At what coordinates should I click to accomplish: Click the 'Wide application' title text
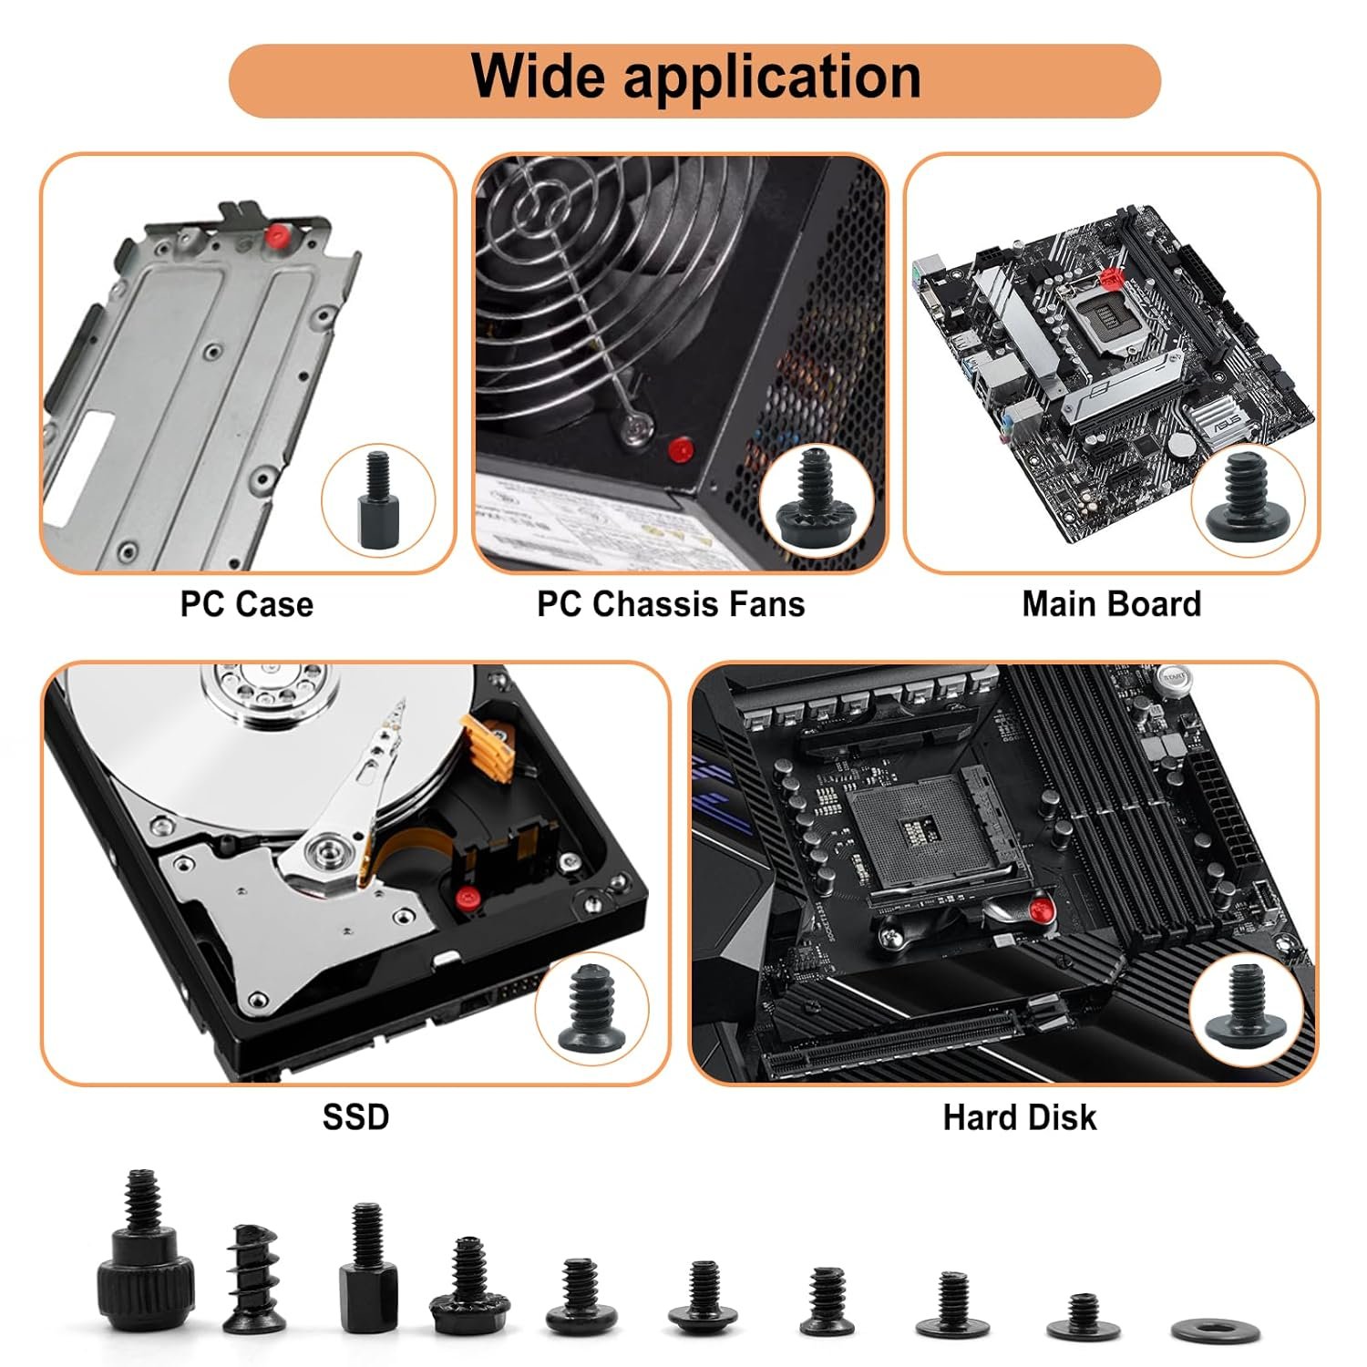(x=694, y=77)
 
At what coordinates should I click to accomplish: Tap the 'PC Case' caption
(x=246, y=604)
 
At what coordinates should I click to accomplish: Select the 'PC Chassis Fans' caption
(x=671, y=604)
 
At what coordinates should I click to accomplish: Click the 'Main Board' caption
(x=1111, y=604)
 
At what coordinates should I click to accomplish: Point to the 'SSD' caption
(x=355, y=1116)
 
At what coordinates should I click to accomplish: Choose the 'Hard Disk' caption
(x=1019, y=1117)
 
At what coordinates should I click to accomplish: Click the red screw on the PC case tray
(x=272, y=236)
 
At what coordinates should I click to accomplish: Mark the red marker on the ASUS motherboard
(x=1109, y=277)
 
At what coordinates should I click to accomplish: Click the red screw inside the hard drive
(x=468, y=897)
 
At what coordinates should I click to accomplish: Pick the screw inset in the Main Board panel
(x=1246, y=498)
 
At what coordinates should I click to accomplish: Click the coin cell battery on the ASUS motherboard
(x=1182, y=444)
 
